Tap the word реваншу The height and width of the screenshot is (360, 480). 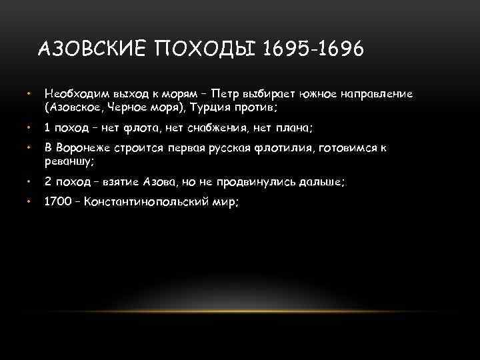pyautogui.click(x=67, y=161)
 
